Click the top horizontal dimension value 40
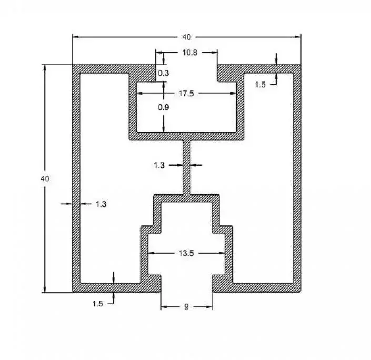[x=186, y=37]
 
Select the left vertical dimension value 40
[x=45, y=179]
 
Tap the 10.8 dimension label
[x=190, y=53]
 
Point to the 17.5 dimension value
[x=186, y=94]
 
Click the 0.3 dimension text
[x=163, y=73]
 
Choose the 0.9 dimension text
[x=163, y=107]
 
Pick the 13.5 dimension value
[x=186, y=253]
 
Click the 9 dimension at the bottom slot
[x=186, y=307]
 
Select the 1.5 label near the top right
[x=260, y=85]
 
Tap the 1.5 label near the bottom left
[x=97, y=304]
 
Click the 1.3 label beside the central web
[x=159, y=165]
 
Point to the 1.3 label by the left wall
[x=101, y=204]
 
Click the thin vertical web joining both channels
[x=187, y=168]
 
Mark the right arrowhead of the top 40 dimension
[x=298, y=37]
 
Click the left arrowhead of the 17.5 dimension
[x=140, y=94]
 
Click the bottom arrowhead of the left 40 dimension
[x=45, y=290]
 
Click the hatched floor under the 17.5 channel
[x=187, y=136]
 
